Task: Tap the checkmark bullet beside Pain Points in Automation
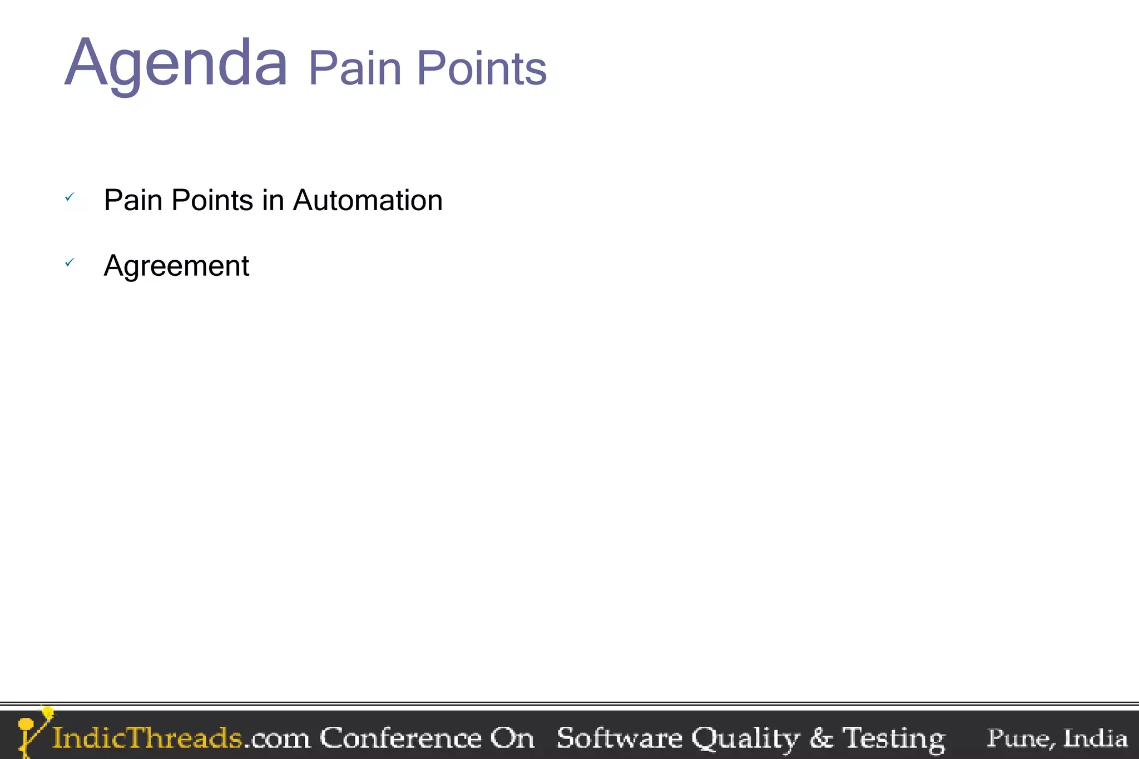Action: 70,197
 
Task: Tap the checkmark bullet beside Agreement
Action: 70,262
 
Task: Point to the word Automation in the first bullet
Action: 368,200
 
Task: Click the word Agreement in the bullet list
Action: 176,266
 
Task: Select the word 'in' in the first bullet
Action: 273,200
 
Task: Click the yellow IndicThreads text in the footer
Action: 147,738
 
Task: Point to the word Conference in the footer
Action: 400,738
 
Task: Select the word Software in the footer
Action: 619,738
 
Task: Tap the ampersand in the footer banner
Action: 821,738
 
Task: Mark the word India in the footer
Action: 1095,738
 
